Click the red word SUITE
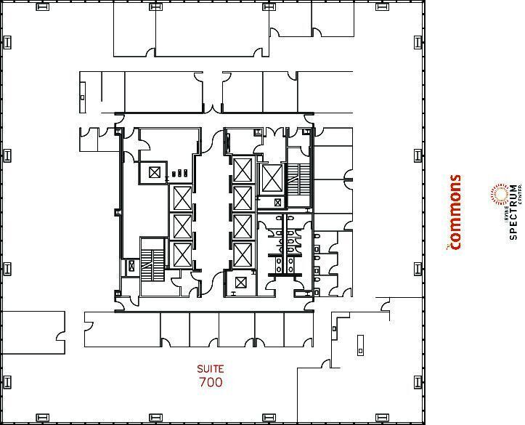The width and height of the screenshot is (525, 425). click(x=209, y=369)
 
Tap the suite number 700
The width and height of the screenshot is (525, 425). click(x=210, y=382)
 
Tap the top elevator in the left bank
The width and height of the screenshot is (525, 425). click(x=181, y=198)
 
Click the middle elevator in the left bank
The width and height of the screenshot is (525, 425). click(x=181, y=227)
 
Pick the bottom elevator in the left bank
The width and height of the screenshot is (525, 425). click(x=181, y=255)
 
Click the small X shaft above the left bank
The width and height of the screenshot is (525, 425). click(x=154, y=172)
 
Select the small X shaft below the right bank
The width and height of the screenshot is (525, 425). click(x=241, y=282)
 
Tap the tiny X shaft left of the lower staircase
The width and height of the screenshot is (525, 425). click(x=131, y=266)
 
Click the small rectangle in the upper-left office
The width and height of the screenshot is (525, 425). click(x=83, y=97)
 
